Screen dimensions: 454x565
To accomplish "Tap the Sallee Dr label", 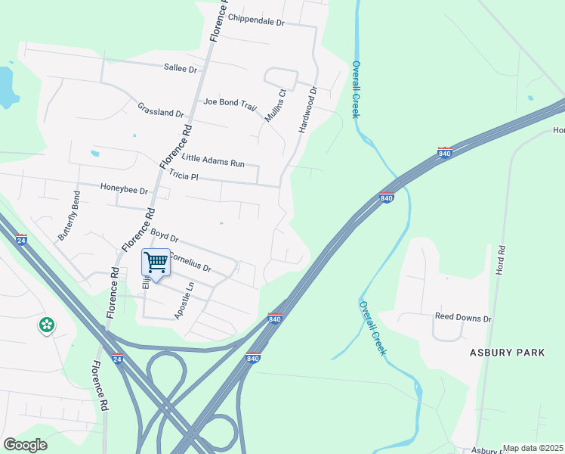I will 180,68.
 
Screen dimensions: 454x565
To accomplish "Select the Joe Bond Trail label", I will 230,102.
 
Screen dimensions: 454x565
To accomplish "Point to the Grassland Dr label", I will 161,109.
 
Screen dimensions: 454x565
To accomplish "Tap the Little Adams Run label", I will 214,160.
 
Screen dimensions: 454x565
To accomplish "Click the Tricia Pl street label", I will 184,176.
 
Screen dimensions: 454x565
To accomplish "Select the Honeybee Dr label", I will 124,190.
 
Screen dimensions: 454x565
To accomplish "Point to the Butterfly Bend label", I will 69,216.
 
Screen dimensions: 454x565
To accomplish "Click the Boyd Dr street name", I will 164,237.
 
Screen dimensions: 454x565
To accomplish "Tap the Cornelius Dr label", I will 189,262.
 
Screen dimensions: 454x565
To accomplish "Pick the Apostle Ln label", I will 185,300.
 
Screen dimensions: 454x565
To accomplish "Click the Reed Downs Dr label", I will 462,319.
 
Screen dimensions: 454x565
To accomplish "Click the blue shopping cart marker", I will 156,263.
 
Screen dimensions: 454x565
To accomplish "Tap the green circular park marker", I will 47,325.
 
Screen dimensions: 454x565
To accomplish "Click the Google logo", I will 25,445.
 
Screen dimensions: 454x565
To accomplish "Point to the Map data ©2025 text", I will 533,448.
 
